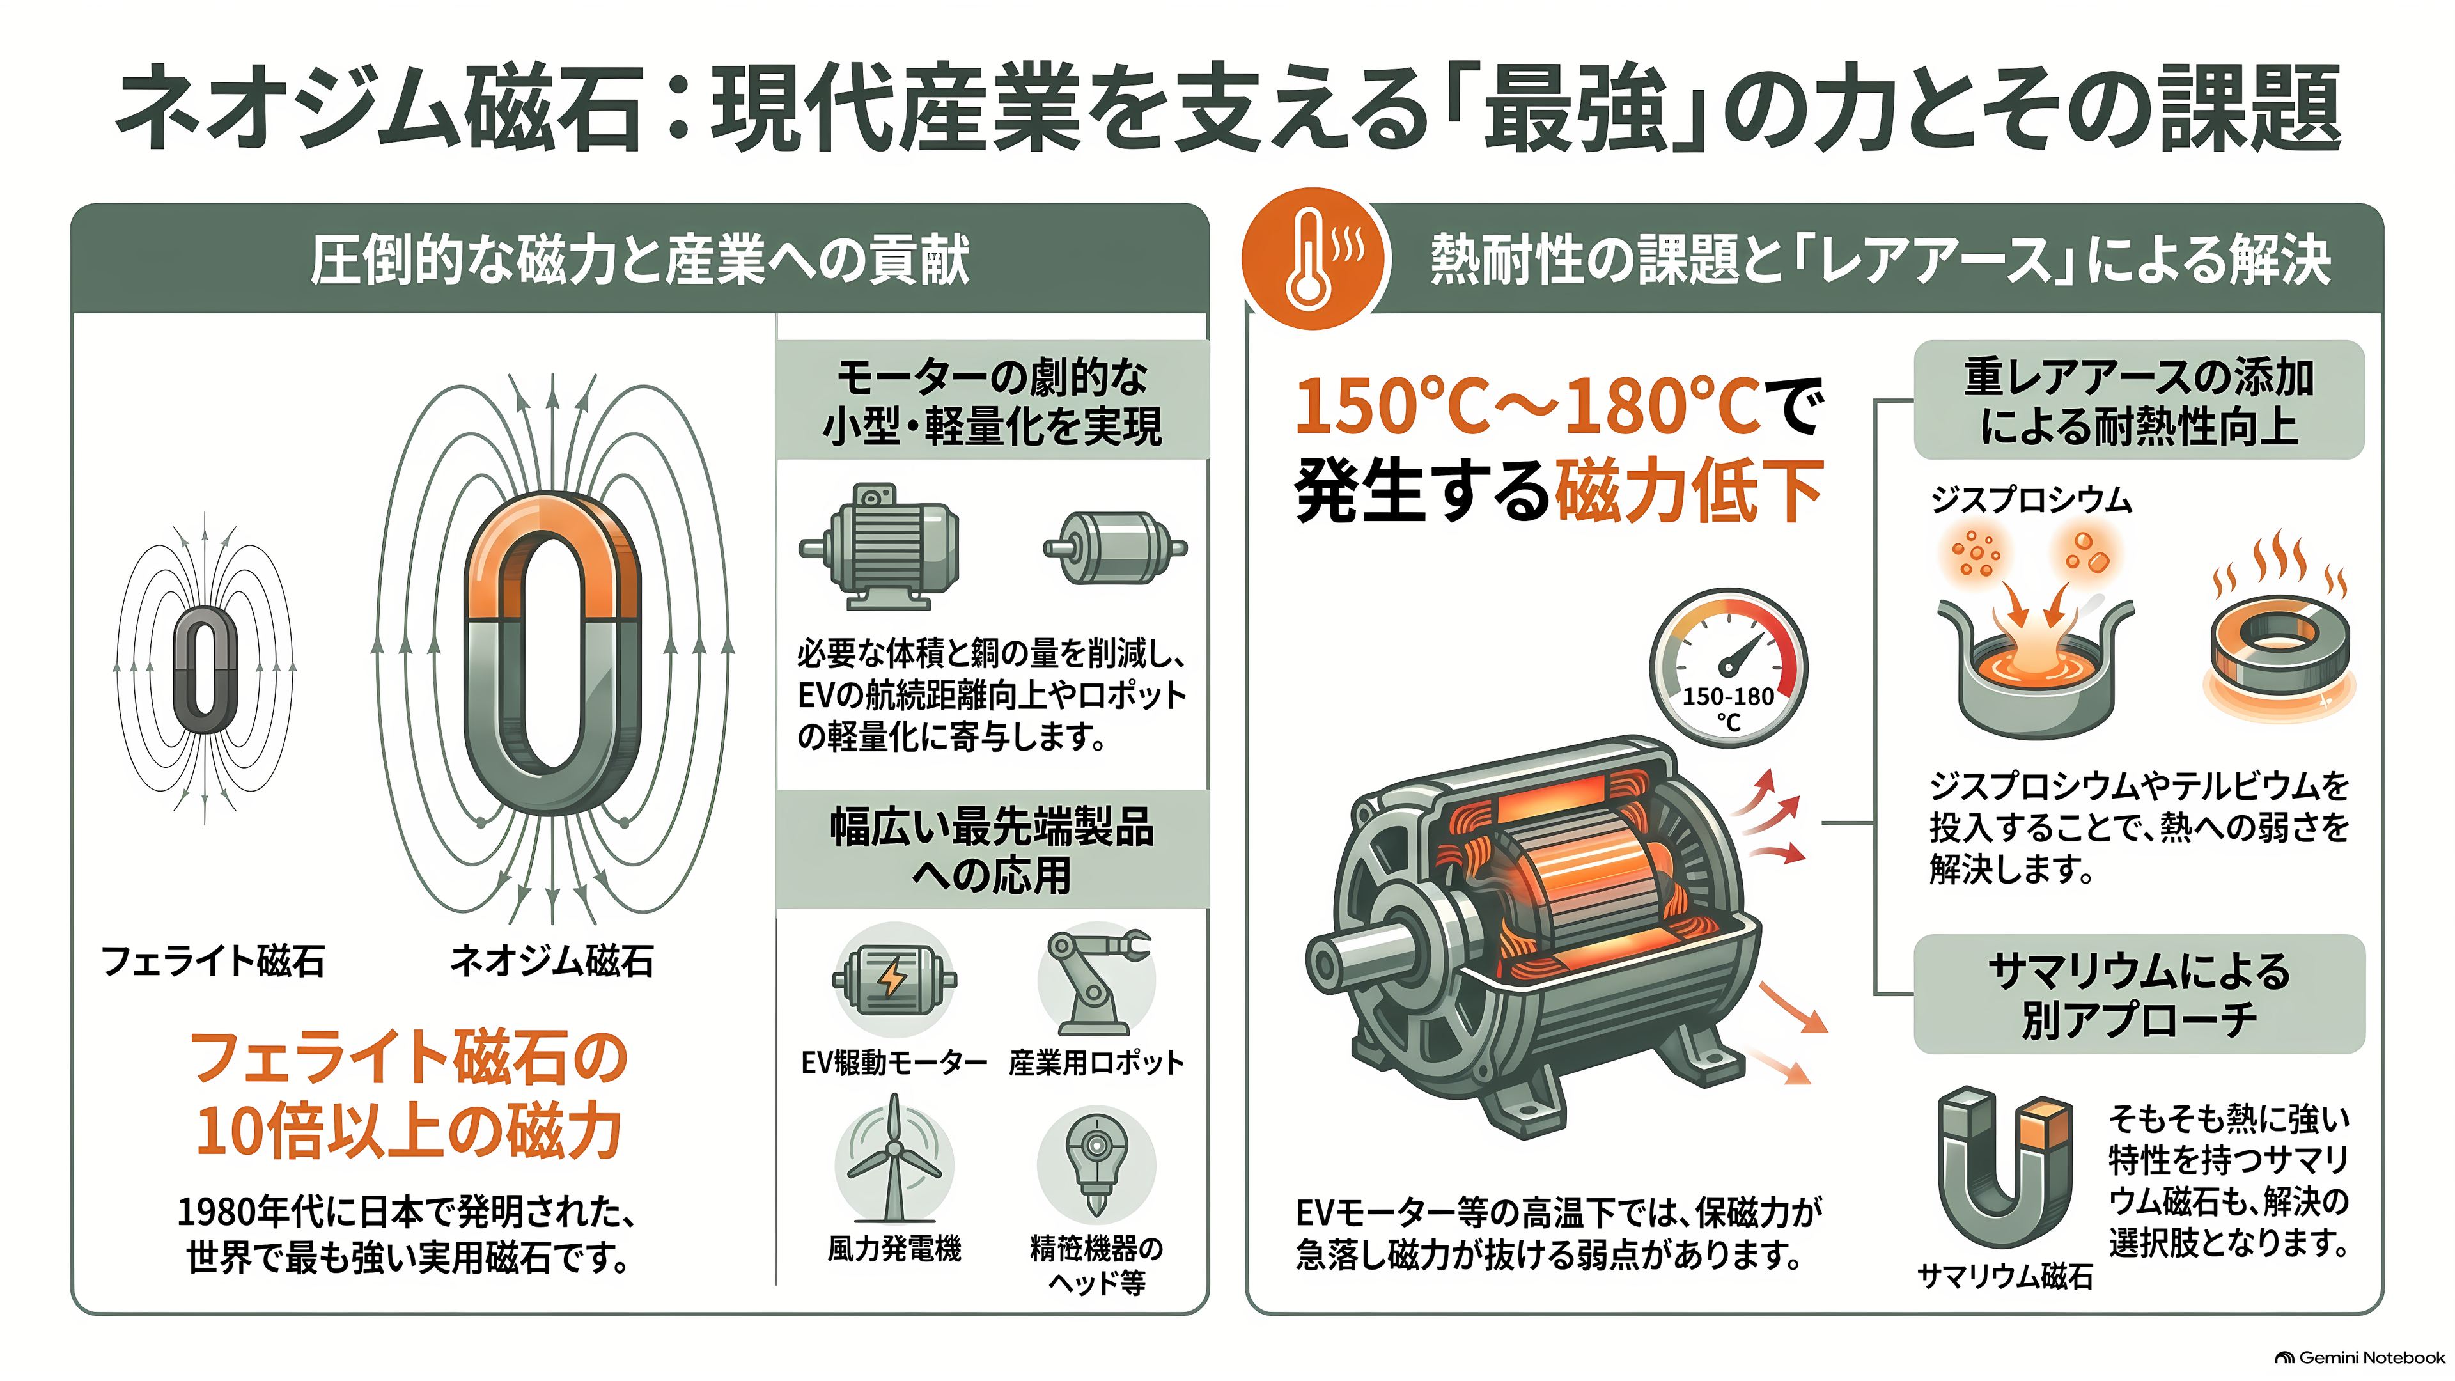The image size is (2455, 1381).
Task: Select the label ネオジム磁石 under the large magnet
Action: point(552,961)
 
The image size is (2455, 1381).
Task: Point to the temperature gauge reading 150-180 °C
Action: point(1728,667)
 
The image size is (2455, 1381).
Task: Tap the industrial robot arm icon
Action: point(1096,981)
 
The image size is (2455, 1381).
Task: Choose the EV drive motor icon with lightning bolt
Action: point(894,979)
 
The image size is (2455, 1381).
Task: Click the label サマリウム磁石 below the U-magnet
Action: point(2005,1276)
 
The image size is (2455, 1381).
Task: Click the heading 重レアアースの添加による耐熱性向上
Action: point(2139,402)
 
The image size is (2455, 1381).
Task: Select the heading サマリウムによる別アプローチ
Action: point(2139,995)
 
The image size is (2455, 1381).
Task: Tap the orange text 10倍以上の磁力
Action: point(410,1131)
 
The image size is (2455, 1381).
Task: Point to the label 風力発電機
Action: point(894,1249)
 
